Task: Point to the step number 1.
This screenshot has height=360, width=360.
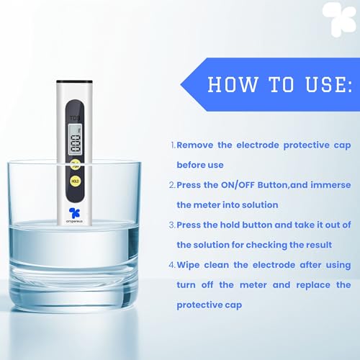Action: tap(172, 145)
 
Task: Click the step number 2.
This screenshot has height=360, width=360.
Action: tap(172, 185)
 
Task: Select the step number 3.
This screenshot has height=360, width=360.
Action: tap(172, 225)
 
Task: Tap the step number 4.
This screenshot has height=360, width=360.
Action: tap(172, 265)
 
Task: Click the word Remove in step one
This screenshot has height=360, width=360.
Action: tap(196, 145)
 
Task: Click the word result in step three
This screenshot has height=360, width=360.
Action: tap(318, 245)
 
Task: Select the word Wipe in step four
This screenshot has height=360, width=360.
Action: tap(191, 265)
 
